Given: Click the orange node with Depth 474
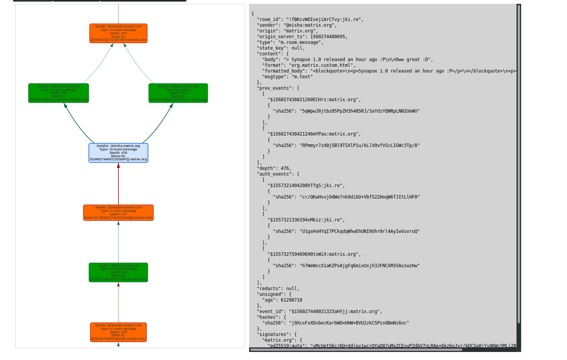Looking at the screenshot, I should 118,33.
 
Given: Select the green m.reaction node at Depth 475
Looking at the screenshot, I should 178,93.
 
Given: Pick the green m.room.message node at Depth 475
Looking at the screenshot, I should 58,93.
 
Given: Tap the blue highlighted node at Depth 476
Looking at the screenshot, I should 118,153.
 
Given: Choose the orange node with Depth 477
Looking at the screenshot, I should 118,213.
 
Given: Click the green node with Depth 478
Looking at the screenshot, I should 118,272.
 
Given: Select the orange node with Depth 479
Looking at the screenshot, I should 118,332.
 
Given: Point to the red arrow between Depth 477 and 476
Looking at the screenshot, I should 118,184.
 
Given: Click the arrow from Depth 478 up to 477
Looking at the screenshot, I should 118,242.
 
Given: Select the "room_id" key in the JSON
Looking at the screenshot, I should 269,19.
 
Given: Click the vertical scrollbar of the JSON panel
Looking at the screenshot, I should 519,164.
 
